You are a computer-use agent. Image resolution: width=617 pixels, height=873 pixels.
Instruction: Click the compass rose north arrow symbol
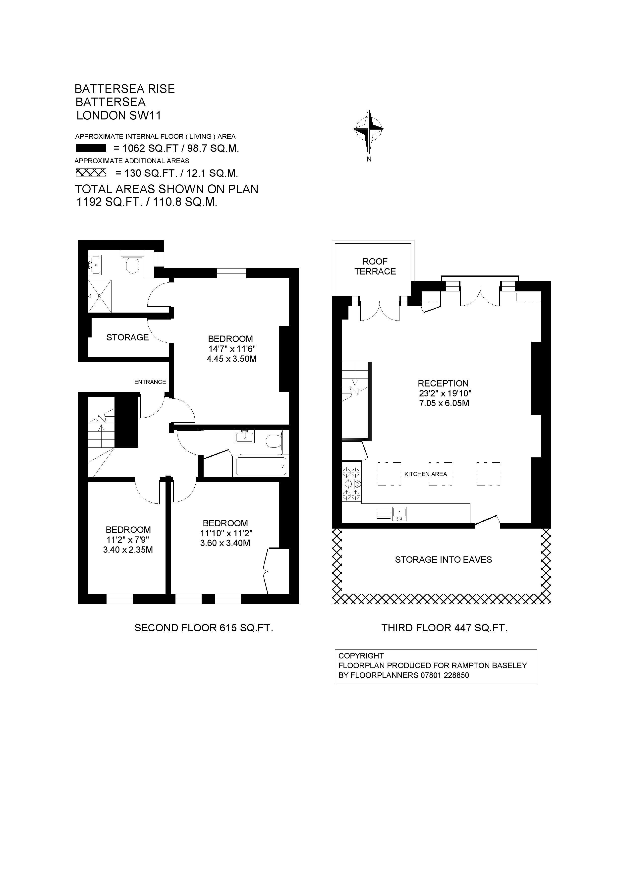coord(368,131)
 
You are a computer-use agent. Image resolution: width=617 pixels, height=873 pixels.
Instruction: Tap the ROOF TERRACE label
coord(375,266)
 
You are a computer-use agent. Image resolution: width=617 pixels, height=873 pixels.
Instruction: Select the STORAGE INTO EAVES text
coord(443,559)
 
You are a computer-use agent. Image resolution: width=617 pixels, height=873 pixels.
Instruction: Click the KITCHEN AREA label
coord(425,474)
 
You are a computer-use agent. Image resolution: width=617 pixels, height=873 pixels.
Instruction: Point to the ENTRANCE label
coord(150,382)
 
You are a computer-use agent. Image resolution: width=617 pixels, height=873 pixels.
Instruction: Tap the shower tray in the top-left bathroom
coord(100,296)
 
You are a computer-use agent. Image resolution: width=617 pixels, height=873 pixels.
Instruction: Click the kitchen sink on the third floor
coord(399,513)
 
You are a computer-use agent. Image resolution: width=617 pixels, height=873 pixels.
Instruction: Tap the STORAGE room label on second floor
coord(127,337)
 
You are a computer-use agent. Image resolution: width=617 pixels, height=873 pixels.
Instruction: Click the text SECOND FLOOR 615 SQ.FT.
coord(204,628)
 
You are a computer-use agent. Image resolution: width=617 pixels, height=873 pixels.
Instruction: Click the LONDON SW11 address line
coord(119,115)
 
